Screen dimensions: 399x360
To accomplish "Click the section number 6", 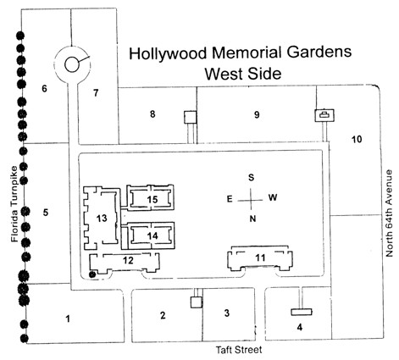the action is tap(44, 89).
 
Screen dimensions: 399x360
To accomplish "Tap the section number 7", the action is tap(96, 92).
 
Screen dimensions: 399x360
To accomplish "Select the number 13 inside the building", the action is tap(102, 218).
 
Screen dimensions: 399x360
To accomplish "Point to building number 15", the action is tap(150, 197).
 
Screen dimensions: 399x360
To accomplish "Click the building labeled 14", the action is tap(151, 235).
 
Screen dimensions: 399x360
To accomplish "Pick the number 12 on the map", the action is tap(128, 260).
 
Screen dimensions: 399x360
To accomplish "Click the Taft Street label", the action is tap(239, 350).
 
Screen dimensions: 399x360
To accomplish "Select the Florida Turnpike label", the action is tap(14, 204).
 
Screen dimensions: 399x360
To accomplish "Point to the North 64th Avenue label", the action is tap(390, 213).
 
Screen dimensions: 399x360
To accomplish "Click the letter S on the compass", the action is tap(251, 177).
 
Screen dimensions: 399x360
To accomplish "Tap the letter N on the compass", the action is tap(252, 219).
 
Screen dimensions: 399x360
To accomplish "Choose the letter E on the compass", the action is tap(230, 199).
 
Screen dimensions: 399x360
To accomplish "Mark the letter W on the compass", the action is tap(273, 197).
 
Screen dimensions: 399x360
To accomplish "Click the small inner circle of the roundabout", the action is tap(71, 64).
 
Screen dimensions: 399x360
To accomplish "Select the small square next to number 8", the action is tap(190, 117).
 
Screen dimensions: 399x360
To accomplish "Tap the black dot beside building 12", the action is tap(91, 274).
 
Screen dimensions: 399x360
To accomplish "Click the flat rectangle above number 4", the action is tap(302, 312).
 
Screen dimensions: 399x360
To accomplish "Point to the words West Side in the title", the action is tap(243, 74).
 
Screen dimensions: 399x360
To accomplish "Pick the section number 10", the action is tap(357, 139).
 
